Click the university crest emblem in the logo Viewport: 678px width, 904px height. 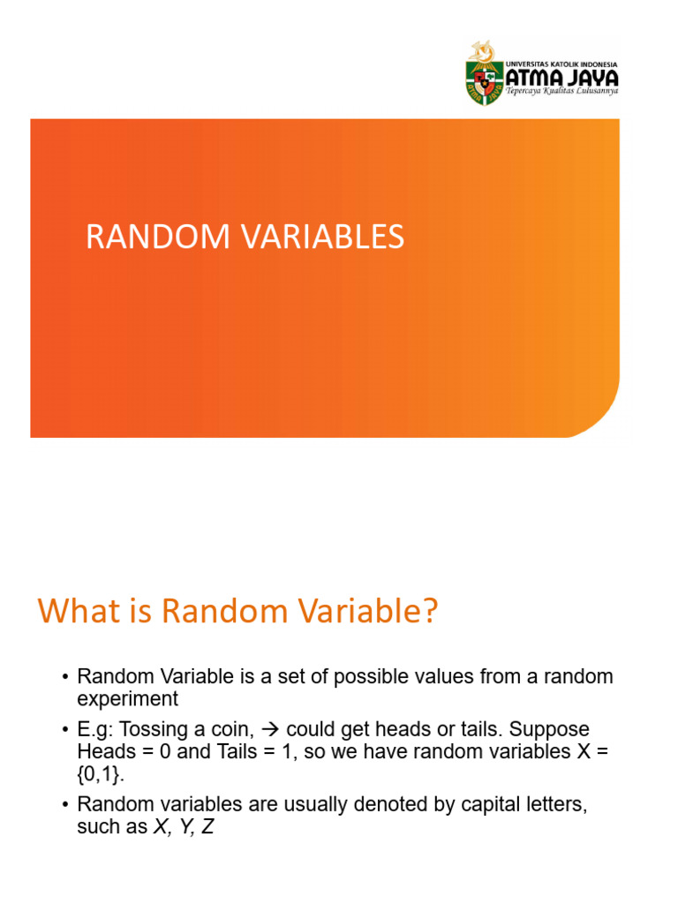[x=484, y=76]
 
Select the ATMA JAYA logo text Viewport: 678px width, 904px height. [x=561, y=79]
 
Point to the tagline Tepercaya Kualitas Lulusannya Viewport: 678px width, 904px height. [x=561, y=92]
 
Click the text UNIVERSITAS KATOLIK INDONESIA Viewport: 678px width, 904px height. [x=561, y=64]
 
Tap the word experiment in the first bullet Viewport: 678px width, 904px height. [x=128, y=699]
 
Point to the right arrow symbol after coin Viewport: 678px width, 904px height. [x=273, y=729]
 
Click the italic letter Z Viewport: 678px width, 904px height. [x=208, y=828]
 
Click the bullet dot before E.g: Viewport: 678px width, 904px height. [x=65, y=730]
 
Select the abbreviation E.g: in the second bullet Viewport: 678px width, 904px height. [x=99, y=730]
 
